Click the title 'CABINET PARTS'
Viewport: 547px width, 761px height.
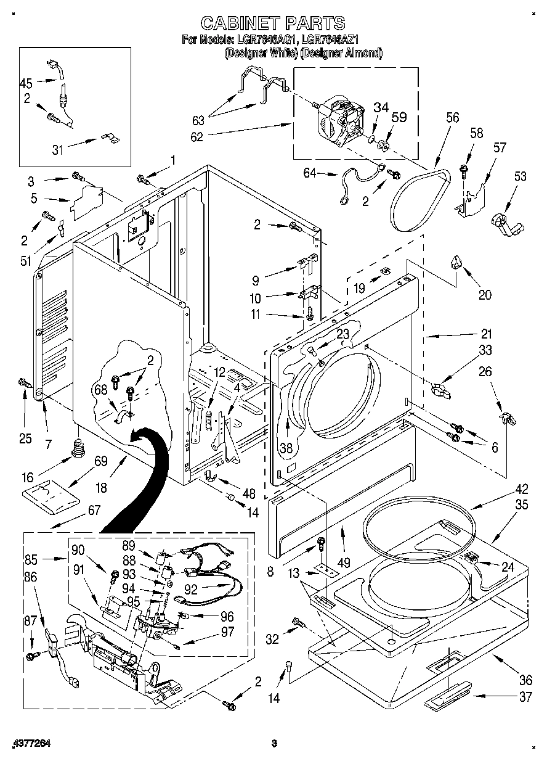click(273, 23)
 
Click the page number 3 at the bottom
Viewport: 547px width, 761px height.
click(275, 743)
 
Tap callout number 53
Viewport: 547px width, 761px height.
click(521, 177)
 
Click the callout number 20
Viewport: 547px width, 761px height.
click(485, 294)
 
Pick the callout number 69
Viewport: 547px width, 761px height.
click(100, 461)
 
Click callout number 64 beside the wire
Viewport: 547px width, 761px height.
click(309, 174)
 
